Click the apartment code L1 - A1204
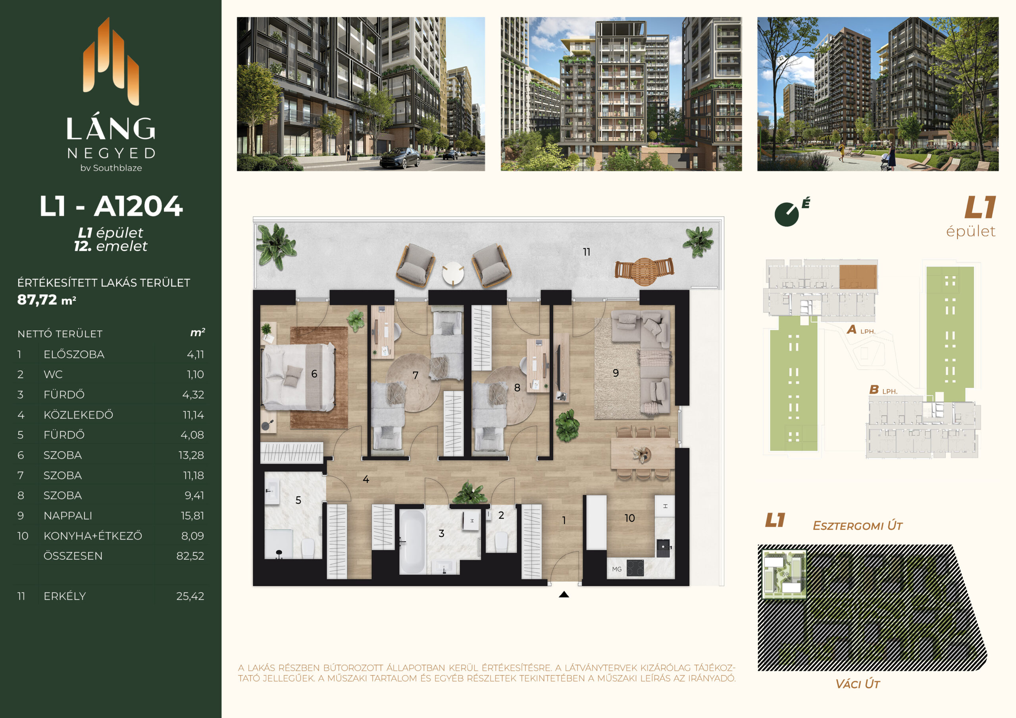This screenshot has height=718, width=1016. (111, 206)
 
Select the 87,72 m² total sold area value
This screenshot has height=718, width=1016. (46, 300)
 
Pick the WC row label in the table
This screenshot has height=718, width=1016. (53, 374)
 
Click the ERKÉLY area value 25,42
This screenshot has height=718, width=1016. (190, 596)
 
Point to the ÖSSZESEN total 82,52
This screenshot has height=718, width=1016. (190, 556)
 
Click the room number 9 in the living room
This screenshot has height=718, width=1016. (616, 373)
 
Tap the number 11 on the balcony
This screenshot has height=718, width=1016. (586, 252)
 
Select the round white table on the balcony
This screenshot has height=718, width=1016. (453, 273)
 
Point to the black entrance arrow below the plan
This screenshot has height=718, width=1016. (564, 595)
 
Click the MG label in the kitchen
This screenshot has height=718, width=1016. (617, 569)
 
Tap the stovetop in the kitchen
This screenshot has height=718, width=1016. (635, 568)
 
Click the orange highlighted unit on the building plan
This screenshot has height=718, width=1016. (858, 277)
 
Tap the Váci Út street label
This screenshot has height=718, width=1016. (858, 684)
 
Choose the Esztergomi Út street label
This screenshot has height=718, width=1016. (858, 526)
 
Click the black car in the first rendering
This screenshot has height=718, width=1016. (400, 158)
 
